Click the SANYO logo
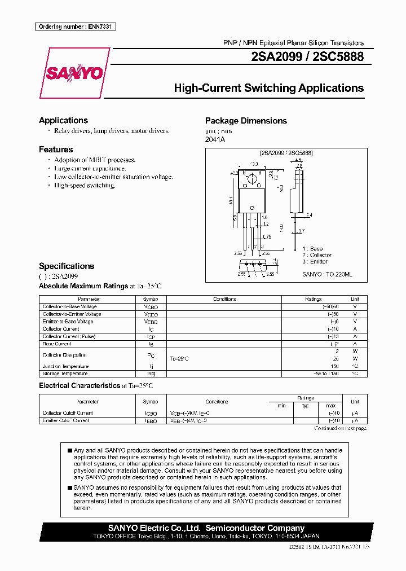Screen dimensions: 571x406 [x=74, y=73]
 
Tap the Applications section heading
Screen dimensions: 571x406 [x=63, y=120]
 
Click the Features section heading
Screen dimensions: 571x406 [x=56, y=150]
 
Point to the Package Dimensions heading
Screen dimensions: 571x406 [x=246, y=121]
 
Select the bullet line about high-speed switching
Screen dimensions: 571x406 [x=85, y=186]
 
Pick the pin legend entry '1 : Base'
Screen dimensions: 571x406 [x=312, y=249]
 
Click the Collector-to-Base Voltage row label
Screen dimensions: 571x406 [x=69, y=306]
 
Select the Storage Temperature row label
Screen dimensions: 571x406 [x=65, y=374]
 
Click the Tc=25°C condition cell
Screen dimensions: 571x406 [x=179, y=359]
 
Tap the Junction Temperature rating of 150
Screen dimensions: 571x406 [x=334, y=366]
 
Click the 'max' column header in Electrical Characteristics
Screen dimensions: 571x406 [x=330, y=406]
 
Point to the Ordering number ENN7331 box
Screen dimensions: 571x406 [x=75, y=27]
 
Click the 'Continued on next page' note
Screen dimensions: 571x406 [x=340, y=429]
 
